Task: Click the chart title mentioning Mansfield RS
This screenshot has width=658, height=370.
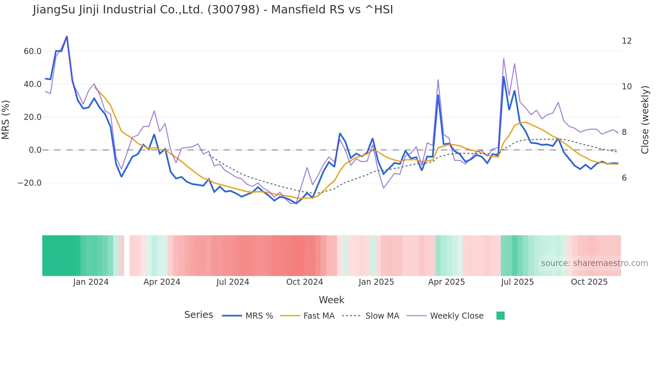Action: pos(213,10)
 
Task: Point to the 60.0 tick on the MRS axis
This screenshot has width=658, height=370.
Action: pos(33,51)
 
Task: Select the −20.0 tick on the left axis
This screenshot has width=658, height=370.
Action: pos(30,183)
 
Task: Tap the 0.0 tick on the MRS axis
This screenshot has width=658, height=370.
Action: pos(35,150)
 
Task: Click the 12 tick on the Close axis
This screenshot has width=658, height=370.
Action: pos(626,41)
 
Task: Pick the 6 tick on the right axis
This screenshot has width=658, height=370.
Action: pos(624,178)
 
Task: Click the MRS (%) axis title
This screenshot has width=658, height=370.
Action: pos(6,120)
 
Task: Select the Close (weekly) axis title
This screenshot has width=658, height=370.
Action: pos(645,120)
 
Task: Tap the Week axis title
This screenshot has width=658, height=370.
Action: pos(331,300)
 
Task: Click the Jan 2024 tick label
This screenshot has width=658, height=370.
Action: pos(91,282)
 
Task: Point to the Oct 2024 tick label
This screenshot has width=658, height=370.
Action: pos(304,282)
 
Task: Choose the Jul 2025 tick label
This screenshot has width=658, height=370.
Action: pos(517,282)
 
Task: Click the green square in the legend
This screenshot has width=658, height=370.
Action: pos(500,316)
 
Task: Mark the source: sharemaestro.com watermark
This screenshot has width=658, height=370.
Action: pos(594,263)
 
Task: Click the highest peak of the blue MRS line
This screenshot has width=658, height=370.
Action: pos(66,37)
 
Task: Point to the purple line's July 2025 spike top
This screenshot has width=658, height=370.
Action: pos(504,59)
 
